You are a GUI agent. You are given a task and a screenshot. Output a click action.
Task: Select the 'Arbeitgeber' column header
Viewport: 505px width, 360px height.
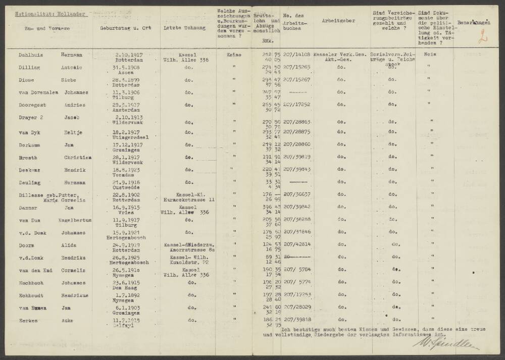[338, 21]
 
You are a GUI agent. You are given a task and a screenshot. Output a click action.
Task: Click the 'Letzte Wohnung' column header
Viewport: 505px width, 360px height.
[184, 28]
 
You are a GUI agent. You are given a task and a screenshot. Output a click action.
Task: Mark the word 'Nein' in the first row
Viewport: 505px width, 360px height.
[430, 55]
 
